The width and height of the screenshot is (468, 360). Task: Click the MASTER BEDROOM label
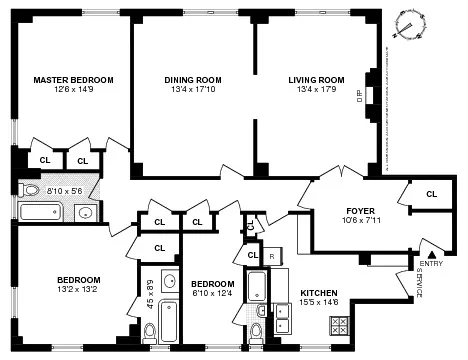(73, 80)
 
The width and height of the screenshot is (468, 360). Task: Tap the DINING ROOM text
(194, 80)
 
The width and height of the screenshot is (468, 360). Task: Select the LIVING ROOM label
(317, 80)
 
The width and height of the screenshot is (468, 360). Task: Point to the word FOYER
(332, 211)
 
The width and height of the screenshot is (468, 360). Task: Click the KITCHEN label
(320, 293)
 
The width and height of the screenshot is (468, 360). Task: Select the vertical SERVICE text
(420, 286)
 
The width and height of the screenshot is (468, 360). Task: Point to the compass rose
(409, 26)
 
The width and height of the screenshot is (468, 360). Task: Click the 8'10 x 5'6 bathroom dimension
(62, 189)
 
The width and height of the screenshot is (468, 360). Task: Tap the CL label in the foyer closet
(431, 194)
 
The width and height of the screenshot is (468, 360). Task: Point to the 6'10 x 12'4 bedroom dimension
(212, 292)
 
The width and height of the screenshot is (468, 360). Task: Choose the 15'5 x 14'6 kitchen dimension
(320, 304)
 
